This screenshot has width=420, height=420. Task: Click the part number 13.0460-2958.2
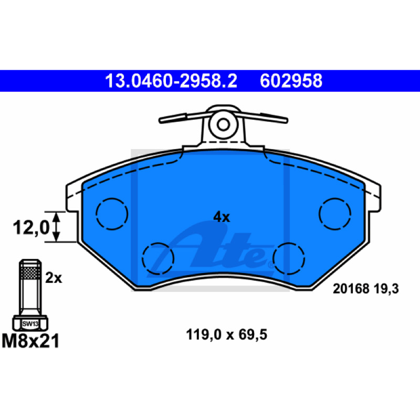pyautogui.click(x=171, y=81)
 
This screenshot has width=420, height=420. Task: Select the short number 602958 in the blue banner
pyautogui.click(x=291, y=81)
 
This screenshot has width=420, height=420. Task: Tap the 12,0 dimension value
pyautogui.click(x=31, y=227)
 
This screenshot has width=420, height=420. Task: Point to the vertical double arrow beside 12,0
pyautogui.click(x=56, y=227)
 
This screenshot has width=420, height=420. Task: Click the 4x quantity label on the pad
pyautogui.click(x=222, y=217)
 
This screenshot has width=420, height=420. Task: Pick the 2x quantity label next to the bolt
pyautogui.click(x=54, y=278)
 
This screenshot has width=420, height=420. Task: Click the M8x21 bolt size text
pyautogui.click(x=30, y=341)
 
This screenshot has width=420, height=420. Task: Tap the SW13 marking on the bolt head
pyautogui.click(x=30, y=324)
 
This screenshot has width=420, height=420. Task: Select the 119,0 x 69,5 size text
pyautogui.click(x=227, y=335)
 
